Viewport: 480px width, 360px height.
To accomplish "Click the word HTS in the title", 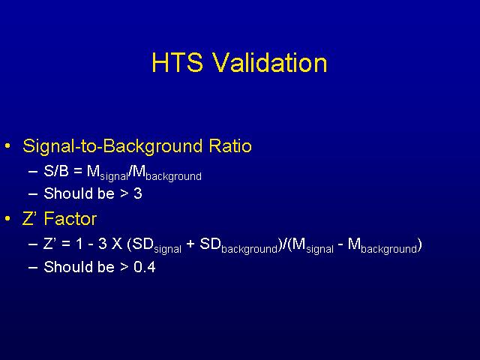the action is [x=177, y=63].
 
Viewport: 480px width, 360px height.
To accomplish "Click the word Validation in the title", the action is [x=270, y=62].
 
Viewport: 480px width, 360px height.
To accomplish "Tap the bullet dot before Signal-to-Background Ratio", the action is [x=7, y=145].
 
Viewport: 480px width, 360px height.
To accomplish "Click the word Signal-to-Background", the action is [x=112, y=147].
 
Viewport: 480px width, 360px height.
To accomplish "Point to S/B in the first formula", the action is [x=56, y=171].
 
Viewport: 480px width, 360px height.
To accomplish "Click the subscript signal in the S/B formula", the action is [x=114, y=177].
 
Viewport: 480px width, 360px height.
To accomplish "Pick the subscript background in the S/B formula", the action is [x=173, y=177].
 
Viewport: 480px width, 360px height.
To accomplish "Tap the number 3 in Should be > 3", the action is [x=138, y=193].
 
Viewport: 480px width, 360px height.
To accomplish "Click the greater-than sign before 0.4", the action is [x=124, y=267].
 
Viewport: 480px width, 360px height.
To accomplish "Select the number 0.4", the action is [x=145, y=267].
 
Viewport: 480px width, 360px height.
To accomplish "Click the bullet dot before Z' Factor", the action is [x=7, y=218].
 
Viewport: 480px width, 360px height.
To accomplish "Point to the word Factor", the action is [x=70, y=219].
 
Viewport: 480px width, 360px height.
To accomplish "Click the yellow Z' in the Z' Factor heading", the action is [x=30, y=219].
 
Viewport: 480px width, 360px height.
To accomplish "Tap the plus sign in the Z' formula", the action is [x=190, y=244].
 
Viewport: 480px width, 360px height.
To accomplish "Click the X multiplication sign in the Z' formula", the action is [x=117, y=244].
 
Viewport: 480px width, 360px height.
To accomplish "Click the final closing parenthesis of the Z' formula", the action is [x=420, y=245].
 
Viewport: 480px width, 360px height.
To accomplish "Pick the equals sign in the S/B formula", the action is [x=78, y=172].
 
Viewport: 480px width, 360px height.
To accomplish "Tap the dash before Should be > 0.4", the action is [x=33, y=267].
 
